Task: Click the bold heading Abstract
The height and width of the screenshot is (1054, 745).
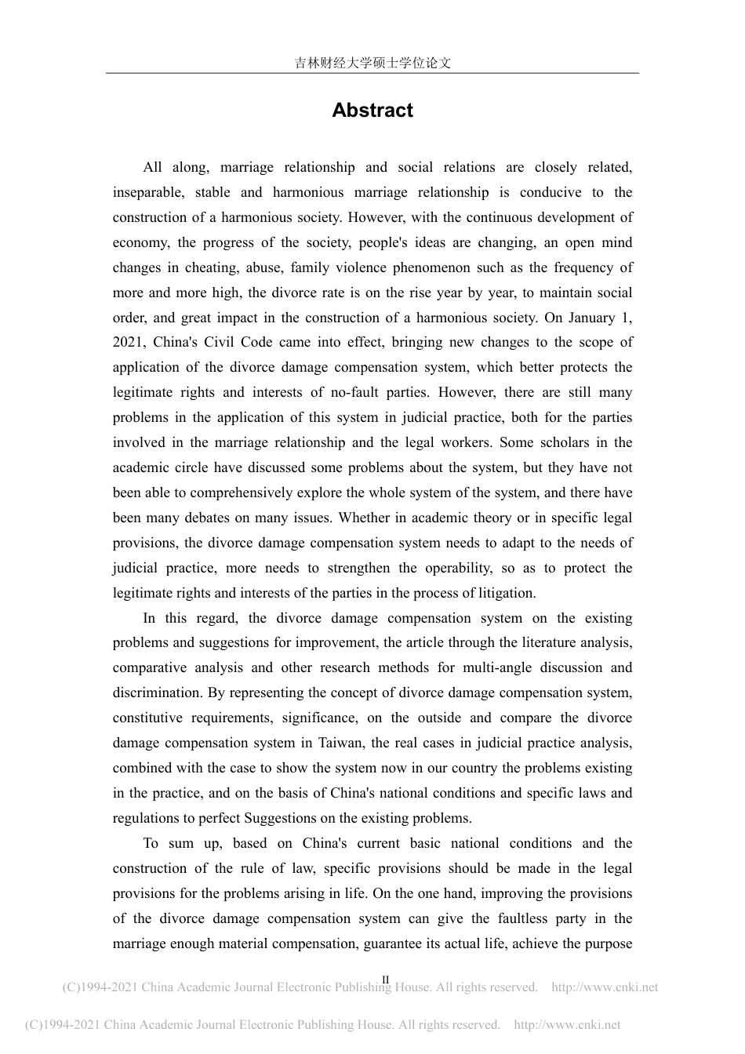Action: tap(372, 111)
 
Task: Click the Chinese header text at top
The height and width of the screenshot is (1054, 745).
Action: tap(372, 63)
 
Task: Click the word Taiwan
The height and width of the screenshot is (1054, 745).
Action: tap(343, 743)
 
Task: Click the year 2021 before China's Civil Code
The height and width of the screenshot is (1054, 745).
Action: tap(128, 342)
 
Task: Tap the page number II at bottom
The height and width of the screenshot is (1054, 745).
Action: tap(385, 979)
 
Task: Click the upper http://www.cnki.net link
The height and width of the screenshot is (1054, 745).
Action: tap(605, 988)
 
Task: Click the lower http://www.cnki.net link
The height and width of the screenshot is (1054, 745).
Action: tap(566, 1024)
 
